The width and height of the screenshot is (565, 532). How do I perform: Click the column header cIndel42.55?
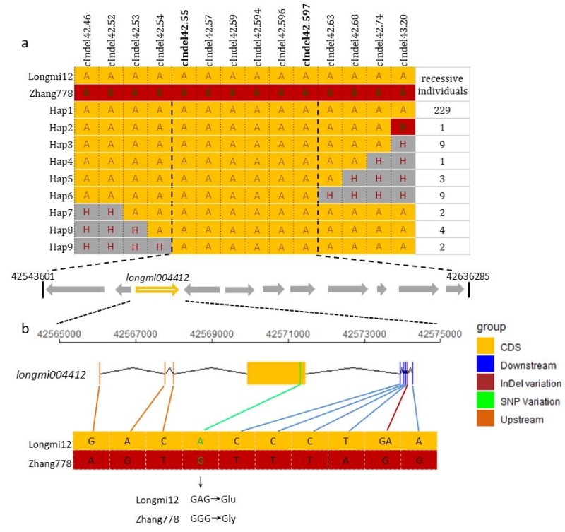point(184,39)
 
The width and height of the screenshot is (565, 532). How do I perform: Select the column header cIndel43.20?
point(403,39)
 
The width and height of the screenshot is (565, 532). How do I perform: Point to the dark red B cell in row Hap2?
point(403,126)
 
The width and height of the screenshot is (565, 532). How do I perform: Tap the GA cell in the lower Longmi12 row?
point(383,439)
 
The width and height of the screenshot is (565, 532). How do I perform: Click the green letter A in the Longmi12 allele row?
point(201,439)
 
